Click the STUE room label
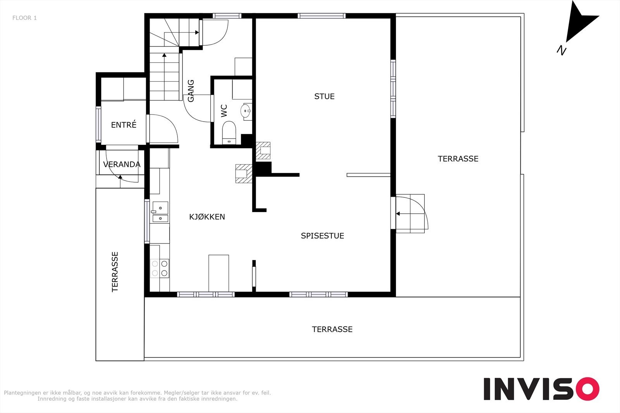tap(324, 96)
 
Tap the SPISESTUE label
tap(322, 235)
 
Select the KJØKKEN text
tap(207, 217)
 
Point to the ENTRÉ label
tap(124, 125)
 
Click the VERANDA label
tap(122, 165)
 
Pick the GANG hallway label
tap(191, 91)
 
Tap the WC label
tap(224, 111)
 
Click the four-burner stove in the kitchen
tap(160, 268)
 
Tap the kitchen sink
tap(160, 212)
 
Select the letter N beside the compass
tap(561, 50)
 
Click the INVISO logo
tap(541, 389)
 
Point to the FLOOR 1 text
tap(25, 18)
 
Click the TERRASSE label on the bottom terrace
tap(332, 329)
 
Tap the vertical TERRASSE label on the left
tap(115, 272)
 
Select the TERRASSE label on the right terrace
tap(458, 159)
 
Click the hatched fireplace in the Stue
tap(263, 151)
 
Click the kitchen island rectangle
tap(219, 273)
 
